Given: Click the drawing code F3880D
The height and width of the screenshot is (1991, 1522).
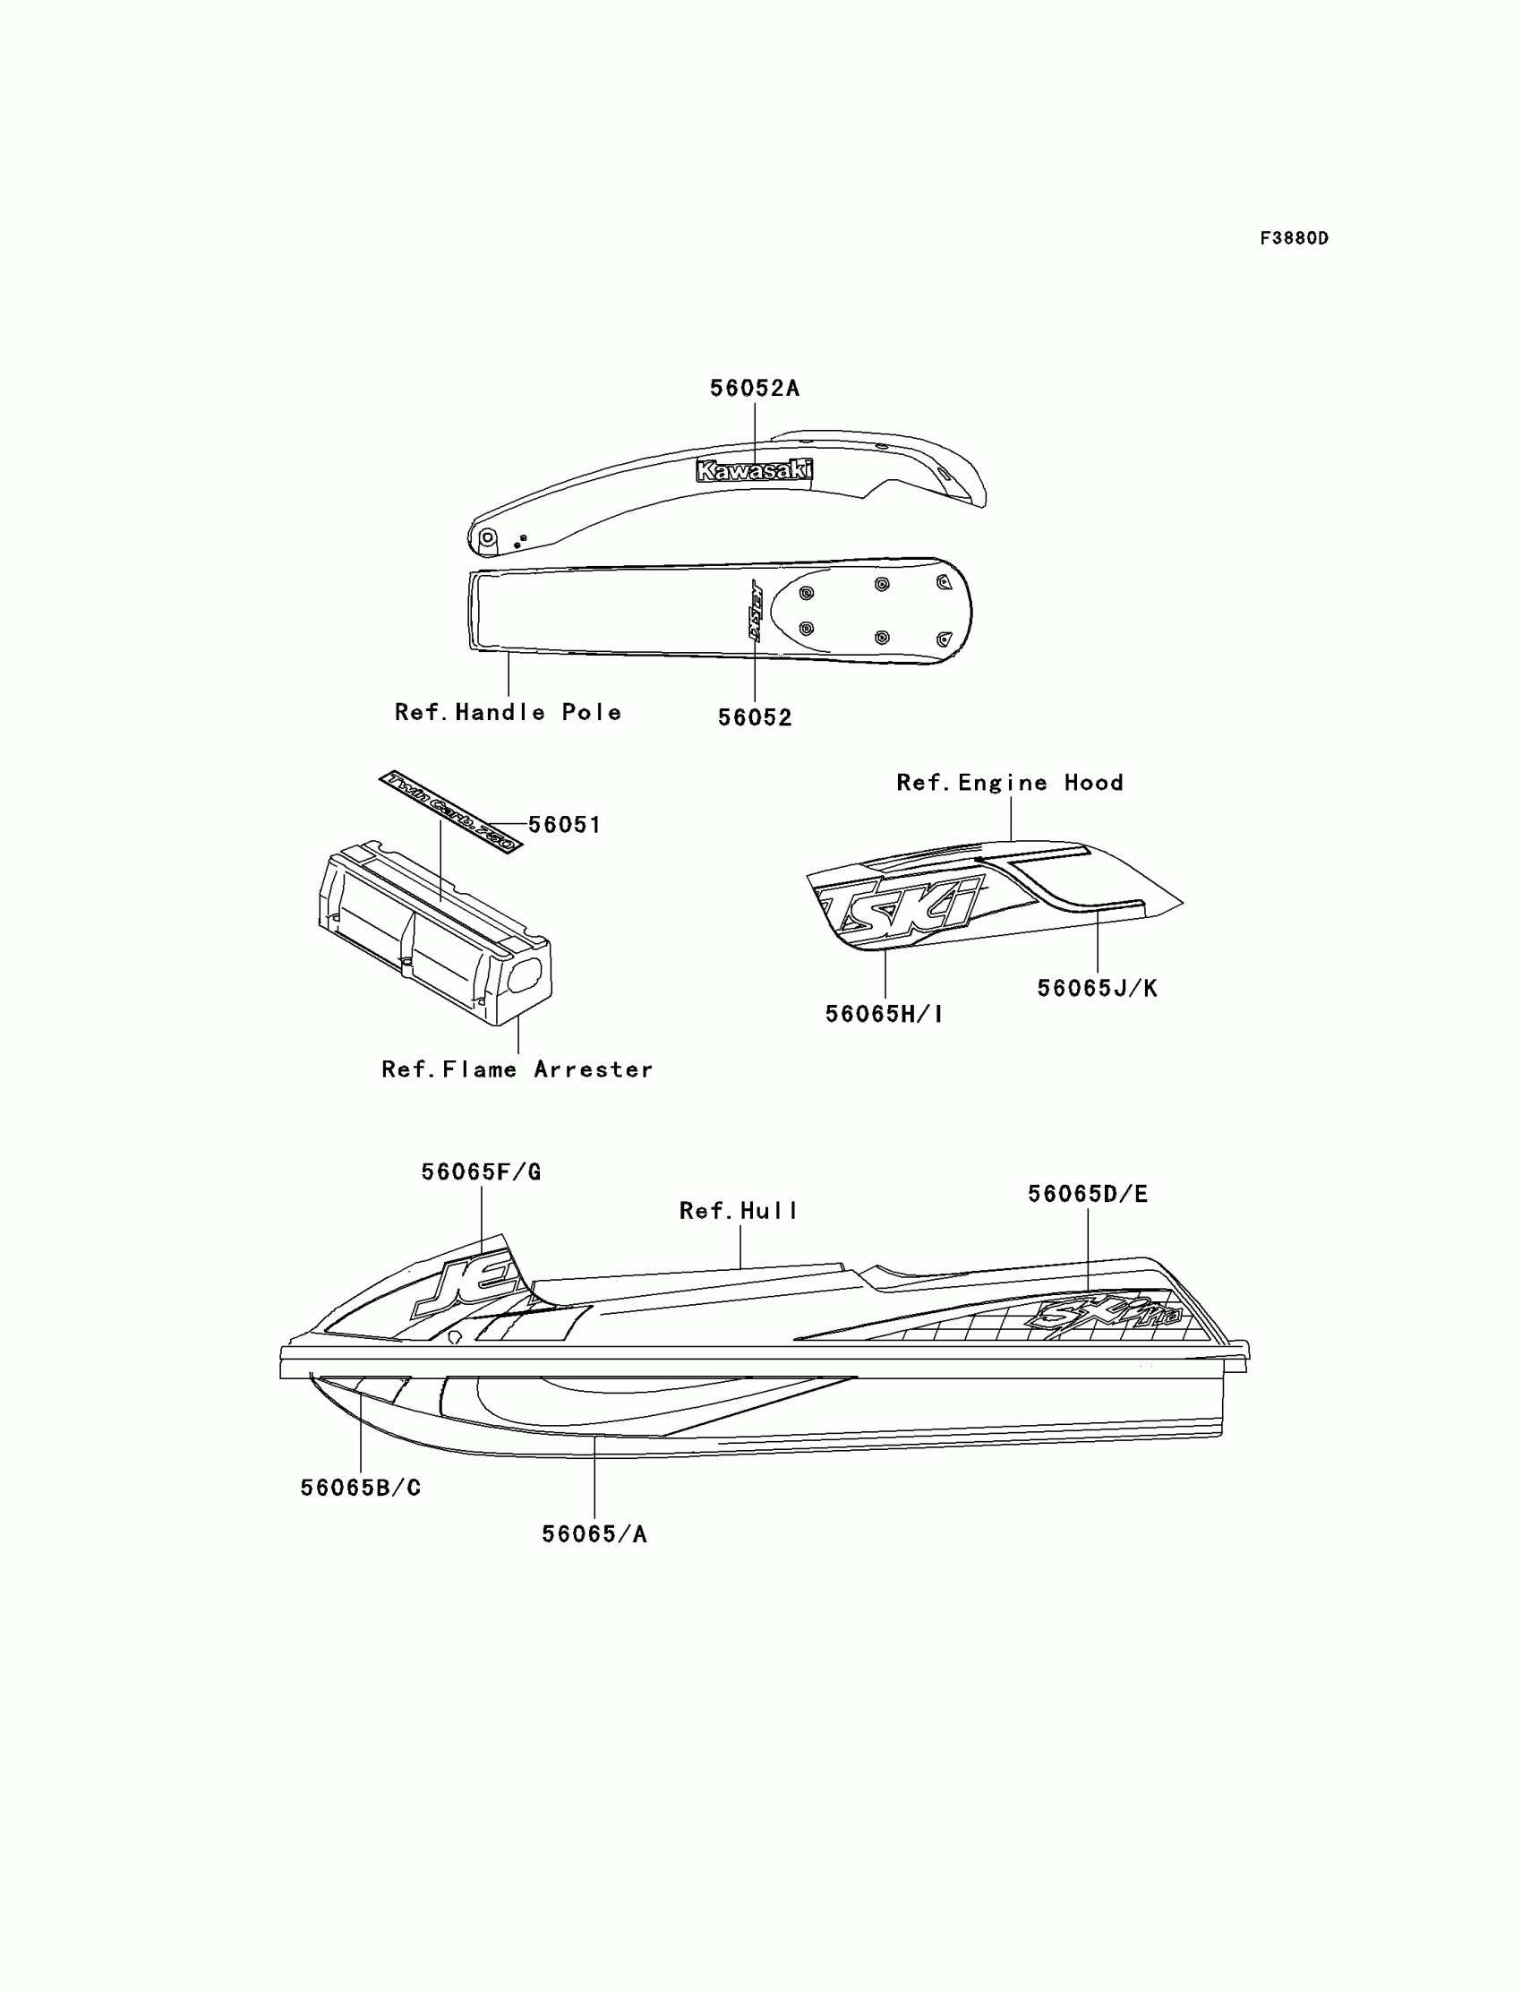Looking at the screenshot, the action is pyautogui.click(x=1294, y=238).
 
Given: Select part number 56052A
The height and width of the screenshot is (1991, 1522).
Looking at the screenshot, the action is pyautogui.click(x=754, y=388).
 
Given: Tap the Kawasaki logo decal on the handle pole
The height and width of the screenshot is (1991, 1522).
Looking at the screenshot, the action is pyautogui.click(x=754, y=469).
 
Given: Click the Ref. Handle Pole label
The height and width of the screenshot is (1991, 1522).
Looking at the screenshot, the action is pyautogui.click(x=508, y=712).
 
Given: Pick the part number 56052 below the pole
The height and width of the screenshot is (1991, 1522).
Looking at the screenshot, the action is pyautogui.click(x=755, y=717).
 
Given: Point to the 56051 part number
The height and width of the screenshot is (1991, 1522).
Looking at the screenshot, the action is pyautogui.click(x=564, y=825).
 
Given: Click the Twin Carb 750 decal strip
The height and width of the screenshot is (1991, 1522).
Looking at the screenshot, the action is pyautogui.click(x=450, y=811).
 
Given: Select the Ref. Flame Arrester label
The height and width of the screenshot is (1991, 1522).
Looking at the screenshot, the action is pyautogui.click(x=517, y=1069).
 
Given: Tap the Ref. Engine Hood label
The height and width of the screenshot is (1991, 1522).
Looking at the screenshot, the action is pyautogui.click(x=1009, y=782).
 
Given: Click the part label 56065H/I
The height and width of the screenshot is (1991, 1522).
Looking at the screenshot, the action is pyautogui.click(x=885, y=1014).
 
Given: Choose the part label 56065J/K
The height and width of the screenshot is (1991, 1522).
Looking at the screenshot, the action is pyautogui.click(x=1097, y=988).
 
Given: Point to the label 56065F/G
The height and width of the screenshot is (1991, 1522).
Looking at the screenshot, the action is pyautogui.click(x=481, y=1171).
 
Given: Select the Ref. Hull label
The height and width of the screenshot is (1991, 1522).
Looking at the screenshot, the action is pyautogui.click(x=739, y=1211).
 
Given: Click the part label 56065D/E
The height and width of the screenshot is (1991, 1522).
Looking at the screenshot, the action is pyautogui.click(x=1087, y=1195).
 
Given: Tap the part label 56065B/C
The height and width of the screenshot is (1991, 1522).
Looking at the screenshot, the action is pyautogui.click(x=361, y=1487).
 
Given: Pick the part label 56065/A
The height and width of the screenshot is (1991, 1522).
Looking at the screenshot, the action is pyautogui.click(x=594, y=1534).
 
